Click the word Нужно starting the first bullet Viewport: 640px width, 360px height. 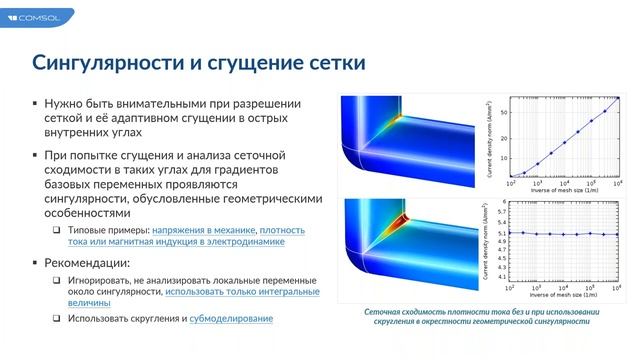tap(68, 103)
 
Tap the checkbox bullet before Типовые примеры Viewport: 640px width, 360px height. tap(57, 230)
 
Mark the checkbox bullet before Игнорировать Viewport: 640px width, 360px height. tap(57, 280)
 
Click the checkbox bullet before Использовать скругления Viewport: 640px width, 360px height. tap(57, 318)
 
